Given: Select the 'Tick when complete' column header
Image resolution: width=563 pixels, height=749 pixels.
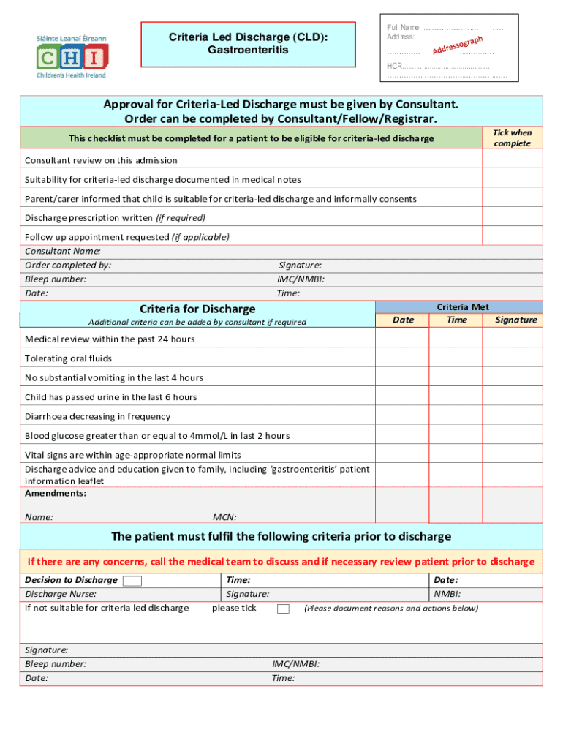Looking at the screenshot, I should [512, 138].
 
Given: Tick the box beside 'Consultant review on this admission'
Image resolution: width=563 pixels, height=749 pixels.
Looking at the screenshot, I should [512, 159].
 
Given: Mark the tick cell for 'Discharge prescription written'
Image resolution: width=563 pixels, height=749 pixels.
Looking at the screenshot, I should [512, 217].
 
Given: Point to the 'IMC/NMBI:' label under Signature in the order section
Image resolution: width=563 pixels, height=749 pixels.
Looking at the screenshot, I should [300, 279].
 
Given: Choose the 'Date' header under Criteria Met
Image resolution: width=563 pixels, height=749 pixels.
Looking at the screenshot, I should [403, 320].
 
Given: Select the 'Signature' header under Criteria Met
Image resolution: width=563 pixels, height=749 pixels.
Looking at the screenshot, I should [515, 320].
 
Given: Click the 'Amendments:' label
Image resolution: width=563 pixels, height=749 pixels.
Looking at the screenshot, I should [56, 493].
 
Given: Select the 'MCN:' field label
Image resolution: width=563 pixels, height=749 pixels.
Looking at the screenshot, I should [224, 516].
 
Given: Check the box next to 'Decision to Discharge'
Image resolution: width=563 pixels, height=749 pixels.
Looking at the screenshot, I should [132, 581].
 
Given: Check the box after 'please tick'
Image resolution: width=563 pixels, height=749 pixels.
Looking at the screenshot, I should [283, 609].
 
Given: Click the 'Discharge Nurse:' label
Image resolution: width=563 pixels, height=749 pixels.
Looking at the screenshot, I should [61, 594].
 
